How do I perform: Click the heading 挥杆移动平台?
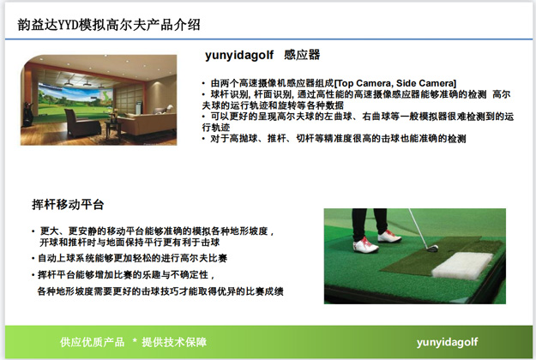pos(69,205)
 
